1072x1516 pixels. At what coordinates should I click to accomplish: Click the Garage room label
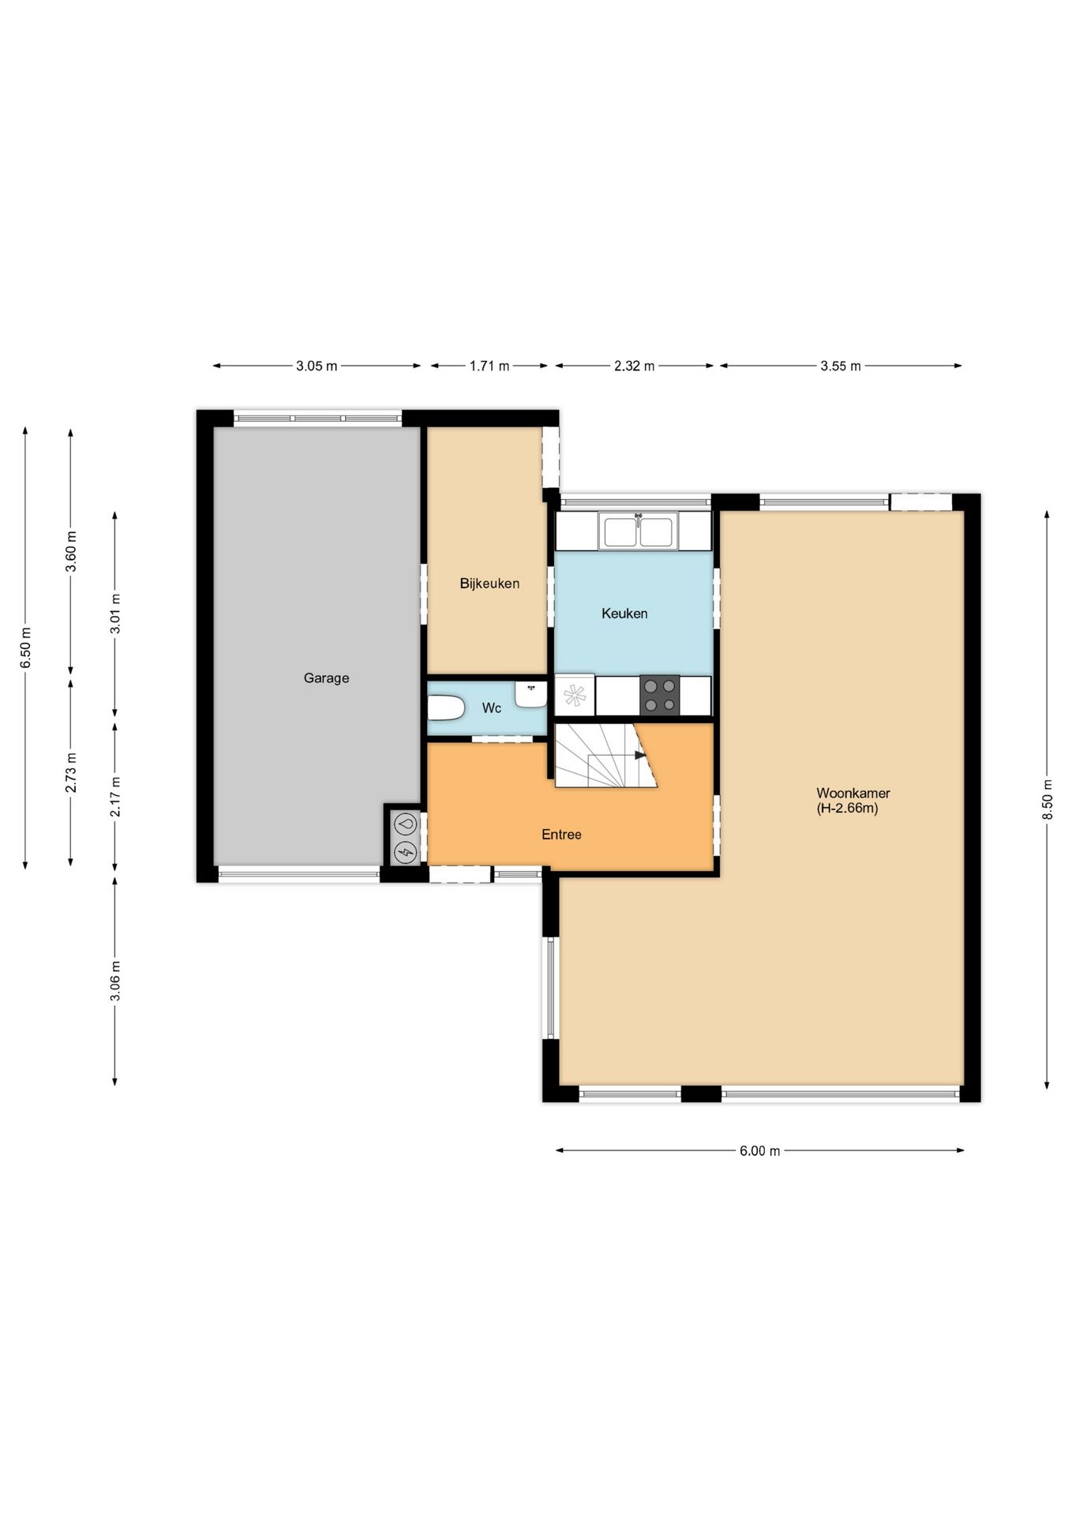(x=326, y=677)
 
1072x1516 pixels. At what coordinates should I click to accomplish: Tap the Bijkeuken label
(x=489, y=584)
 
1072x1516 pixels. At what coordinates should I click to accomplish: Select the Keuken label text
(x=624, y=614)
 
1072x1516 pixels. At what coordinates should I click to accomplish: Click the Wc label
(x=491, y=708)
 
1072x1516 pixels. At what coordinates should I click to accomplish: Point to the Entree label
(x=561, y=835)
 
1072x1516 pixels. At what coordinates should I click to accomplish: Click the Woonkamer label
(x=853, y=794)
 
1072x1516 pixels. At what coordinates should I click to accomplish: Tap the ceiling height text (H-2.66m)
(x=847, y=809)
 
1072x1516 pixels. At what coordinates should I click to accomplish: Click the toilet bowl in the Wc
(x=445, y=708)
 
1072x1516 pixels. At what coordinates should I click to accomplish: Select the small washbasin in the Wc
(x=530, y=695)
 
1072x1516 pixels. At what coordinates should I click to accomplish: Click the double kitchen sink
(x=638, y=531)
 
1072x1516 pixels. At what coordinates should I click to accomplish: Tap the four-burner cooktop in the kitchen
(x=659, y=696)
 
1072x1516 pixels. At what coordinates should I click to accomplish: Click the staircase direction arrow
(x=640, y=756)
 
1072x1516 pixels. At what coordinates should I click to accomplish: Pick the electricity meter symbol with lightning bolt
(x=406, y=851)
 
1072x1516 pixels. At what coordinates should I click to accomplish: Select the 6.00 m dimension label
(x=759, y=1151)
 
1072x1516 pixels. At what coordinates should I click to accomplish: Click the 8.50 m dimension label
(x=1048, y=799)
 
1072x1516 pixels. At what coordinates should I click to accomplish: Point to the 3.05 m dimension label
(x=317, y=366)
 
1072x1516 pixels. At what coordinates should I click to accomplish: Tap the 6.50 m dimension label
(x=25, y=647)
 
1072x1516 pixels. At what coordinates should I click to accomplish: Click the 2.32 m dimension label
(x=634, y=366)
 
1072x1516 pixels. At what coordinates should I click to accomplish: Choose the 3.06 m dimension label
(x=115, y=981)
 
